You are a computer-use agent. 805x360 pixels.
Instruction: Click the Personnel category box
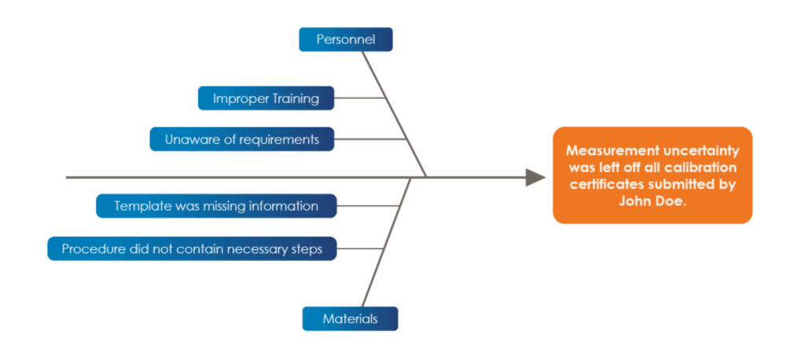(345, 39)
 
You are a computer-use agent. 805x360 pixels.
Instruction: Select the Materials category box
(350, 318)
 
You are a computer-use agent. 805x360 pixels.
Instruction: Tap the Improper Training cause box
(266, 98)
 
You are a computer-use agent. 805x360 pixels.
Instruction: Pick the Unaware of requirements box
(241, 139)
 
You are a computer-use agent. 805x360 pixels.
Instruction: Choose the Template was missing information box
(216, 206)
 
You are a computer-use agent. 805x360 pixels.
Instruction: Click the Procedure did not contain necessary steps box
(192, 248)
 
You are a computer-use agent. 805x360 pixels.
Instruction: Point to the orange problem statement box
(652, 175)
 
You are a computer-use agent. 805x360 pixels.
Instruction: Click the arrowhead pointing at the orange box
(535, 178)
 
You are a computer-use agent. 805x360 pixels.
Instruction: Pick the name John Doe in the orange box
(652, 201)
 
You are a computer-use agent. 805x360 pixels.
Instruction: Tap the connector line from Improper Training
(359, 98)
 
